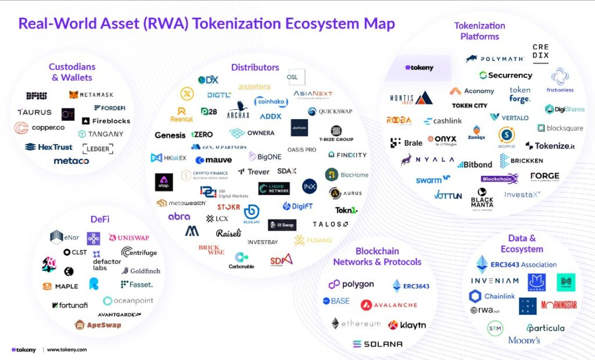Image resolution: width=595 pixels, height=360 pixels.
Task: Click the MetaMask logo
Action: click(91, 95)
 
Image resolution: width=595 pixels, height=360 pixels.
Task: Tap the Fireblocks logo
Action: click(106, 121)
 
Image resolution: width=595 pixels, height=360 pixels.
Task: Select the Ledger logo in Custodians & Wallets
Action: click(98, 149)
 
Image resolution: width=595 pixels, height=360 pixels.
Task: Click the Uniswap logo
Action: click(129, 238)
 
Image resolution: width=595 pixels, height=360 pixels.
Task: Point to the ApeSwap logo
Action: click(98, 325)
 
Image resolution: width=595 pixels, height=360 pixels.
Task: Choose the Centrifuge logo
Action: click(139, 252)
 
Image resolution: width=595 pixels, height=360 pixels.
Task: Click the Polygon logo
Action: click(351, 285)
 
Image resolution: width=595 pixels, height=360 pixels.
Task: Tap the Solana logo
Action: click(377, 344)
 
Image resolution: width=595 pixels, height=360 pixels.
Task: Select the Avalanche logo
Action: click(389, 305)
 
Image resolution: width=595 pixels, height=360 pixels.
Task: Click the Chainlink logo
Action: click(492, 296)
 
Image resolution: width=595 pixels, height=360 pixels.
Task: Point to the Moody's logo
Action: click(524, 340)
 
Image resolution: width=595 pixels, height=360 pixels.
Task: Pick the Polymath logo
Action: click(494, 59)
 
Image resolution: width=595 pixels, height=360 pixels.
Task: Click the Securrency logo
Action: click(506, 75)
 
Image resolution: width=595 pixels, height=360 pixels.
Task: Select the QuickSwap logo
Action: click(329, 111)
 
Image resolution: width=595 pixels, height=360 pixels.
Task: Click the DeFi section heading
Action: click(100, 219)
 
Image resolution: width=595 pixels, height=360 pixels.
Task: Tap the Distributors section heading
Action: click(255, 67)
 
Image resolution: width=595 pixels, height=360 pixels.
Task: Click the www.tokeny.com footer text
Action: click(67, 350)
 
